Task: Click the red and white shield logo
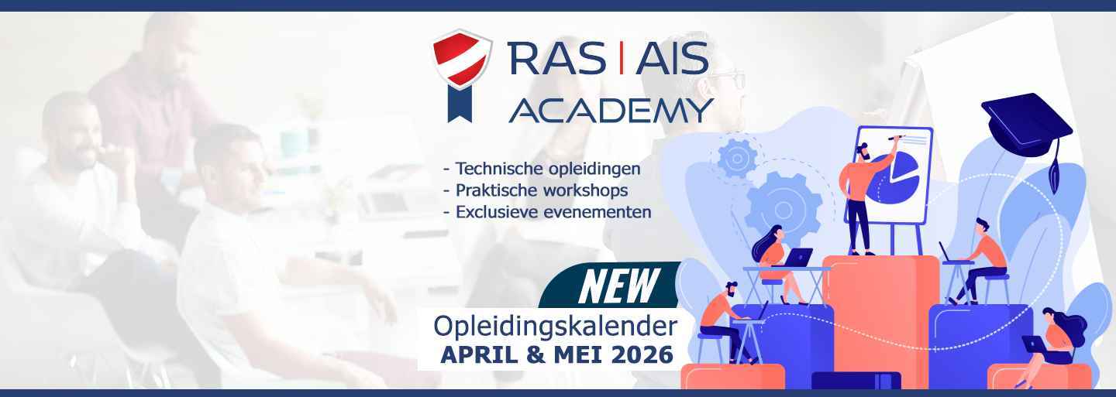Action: point(461,59)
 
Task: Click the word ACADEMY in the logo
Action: point(611,111)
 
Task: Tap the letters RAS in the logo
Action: point(557,58)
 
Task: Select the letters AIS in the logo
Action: point(672,58)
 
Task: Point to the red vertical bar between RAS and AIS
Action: point(622,58)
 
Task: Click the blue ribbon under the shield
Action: point(460,104)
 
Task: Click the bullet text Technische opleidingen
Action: point(547,169)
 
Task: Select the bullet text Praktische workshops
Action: point(542,190)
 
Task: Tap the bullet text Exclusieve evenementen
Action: point(553,212)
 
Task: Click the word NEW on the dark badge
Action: point(619,286)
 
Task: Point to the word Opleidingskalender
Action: point(555,327)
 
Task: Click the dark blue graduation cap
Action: point(1028,130)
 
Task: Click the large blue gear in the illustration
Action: point(784,210)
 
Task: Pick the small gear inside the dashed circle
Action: point(737,158)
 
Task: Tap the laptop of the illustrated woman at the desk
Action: point(797,257)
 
